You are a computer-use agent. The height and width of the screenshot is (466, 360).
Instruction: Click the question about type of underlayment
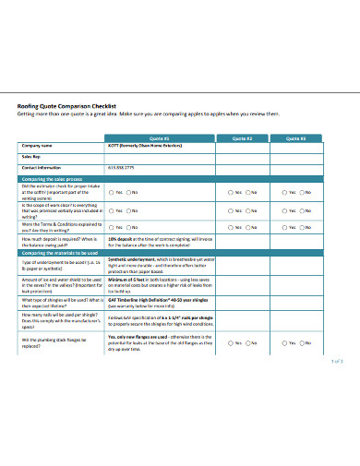click(x=60, y=264)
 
